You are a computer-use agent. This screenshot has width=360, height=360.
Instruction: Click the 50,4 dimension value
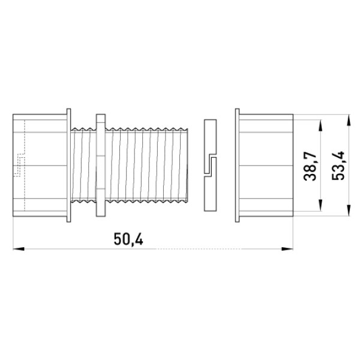point(128,239)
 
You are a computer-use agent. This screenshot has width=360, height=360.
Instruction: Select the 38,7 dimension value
point(310,166)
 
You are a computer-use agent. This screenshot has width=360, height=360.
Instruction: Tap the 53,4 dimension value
point(338,166)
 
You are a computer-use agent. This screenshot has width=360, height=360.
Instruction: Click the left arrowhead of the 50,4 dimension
point(19,249)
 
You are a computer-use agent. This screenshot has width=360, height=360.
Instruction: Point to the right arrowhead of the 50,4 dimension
point(287,249)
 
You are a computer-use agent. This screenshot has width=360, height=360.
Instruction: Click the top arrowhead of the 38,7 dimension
point(320,125)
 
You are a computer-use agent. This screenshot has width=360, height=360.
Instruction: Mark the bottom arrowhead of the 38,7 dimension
point(320,205)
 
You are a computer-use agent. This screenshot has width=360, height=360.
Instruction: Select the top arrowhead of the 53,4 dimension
point(349,120)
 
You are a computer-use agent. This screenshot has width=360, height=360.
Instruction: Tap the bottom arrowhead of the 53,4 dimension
point(349,211)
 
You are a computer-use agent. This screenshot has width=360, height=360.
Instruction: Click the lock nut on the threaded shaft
point(101,166)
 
